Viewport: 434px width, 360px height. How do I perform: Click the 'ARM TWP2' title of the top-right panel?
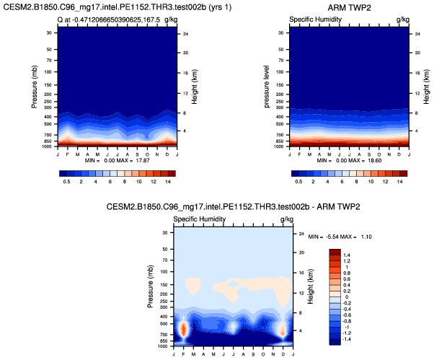click(x=349, y=6)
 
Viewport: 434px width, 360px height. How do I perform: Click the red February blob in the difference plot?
click(x=183, y=329)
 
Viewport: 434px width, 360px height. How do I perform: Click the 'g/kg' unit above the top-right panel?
click(x=402, y=18)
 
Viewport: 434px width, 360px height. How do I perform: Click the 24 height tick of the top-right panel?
click(x=418, y=33)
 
